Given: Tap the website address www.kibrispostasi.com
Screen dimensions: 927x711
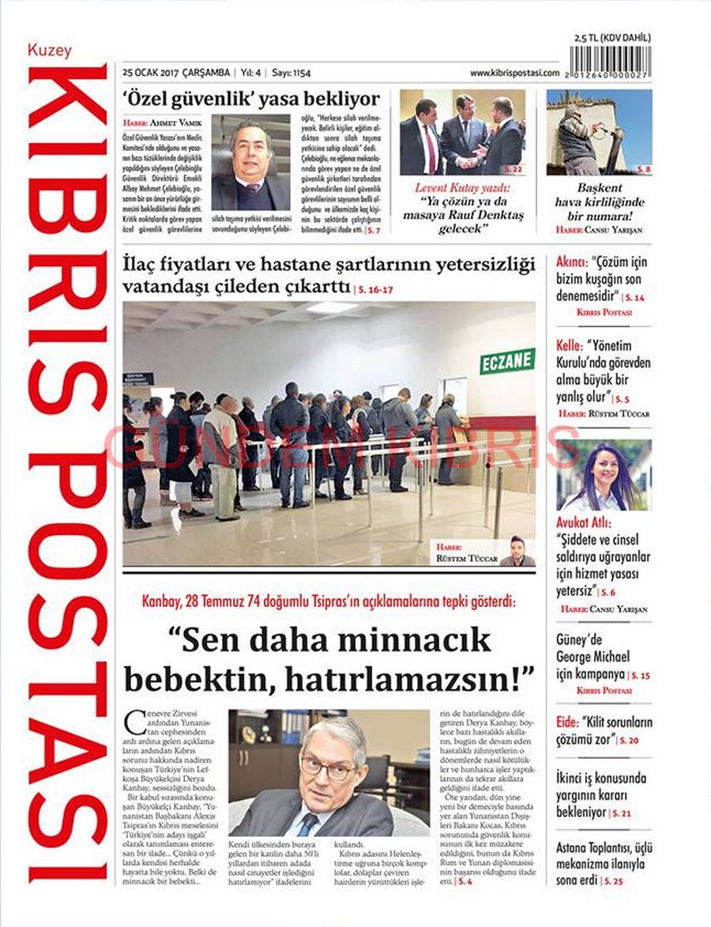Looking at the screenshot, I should point(514,73).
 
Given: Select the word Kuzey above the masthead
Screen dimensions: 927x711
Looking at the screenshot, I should point(50,51).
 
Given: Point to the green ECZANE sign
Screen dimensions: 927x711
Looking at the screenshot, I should point(507,361).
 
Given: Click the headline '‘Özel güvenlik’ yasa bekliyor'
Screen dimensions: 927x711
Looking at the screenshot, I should point(251,99).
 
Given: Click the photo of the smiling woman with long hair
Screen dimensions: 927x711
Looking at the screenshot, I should point(604,475).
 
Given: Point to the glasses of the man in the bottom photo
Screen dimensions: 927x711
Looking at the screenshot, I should point(328,766).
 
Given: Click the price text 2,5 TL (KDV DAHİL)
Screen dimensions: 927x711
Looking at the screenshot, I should point(613,38).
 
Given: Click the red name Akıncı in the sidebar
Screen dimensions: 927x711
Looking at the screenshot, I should point(570,262).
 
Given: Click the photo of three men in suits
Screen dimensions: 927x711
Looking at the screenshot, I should point(462,132).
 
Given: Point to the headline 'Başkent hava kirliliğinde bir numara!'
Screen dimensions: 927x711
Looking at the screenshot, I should point(600,202).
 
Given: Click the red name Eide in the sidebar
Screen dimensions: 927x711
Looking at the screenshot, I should point(566,722).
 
